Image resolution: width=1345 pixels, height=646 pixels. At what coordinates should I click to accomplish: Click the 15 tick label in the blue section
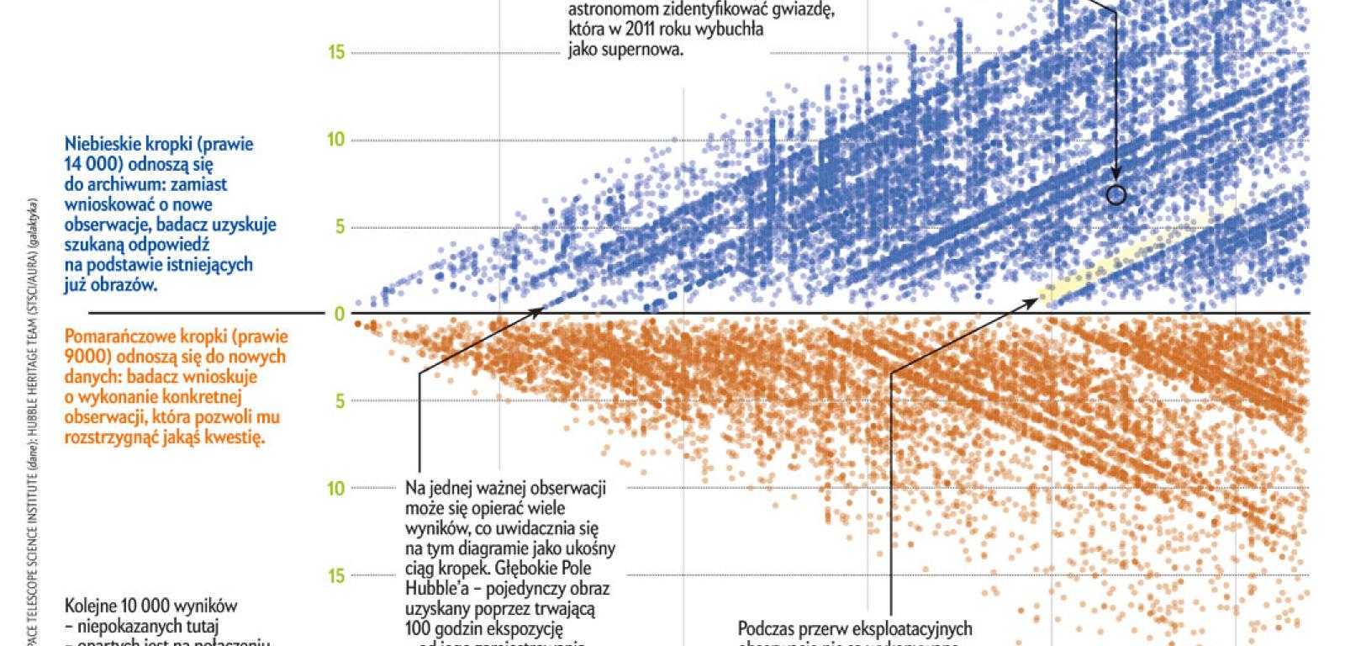point(336,52)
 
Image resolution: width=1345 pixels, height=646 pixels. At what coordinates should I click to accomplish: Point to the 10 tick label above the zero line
point(336,139)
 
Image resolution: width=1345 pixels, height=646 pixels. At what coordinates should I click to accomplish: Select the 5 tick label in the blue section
point(340,227)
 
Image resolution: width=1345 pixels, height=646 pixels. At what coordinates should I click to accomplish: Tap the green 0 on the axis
point(340,315)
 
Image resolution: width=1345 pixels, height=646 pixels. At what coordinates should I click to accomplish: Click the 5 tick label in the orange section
point(340,401)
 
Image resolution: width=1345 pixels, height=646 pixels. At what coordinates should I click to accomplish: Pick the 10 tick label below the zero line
point(336,489)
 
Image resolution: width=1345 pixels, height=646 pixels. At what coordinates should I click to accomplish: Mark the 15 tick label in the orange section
point(336,576)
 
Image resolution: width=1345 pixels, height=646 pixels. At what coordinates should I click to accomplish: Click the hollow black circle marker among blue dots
point(1116,195)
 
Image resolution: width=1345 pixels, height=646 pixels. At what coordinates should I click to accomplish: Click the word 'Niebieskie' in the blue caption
point(99,145)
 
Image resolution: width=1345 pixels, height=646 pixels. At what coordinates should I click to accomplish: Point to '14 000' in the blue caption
point(92,164)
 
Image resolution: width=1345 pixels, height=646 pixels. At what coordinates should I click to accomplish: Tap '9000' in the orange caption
point(83,357)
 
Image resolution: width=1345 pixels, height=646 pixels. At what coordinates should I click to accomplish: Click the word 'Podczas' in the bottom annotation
point(765,629)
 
